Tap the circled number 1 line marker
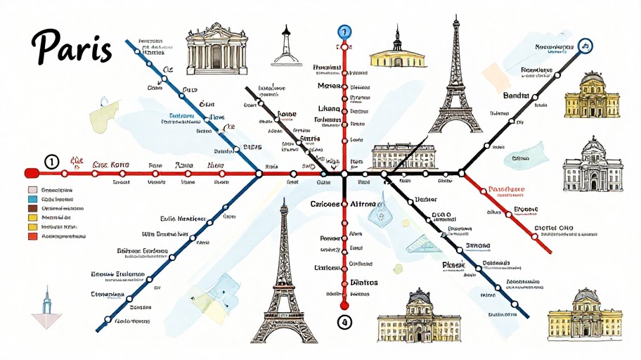[51, 162]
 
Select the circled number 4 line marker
[344, 323]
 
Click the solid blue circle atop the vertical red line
[344, 32]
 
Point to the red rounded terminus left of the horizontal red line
[30, 173]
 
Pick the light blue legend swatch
[32, 199]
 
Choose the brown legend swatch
[32, 209]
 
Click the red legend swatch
[32, 237]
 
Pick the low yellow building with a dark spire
[398, 52]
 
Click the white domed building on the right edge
[593, 166]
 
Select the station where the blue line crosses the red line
[259, 173]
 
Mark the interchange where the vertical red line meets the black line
[344, 173]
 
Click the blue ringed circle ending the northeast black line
[585, 47]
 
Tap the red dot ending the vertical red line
[344, 307]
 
